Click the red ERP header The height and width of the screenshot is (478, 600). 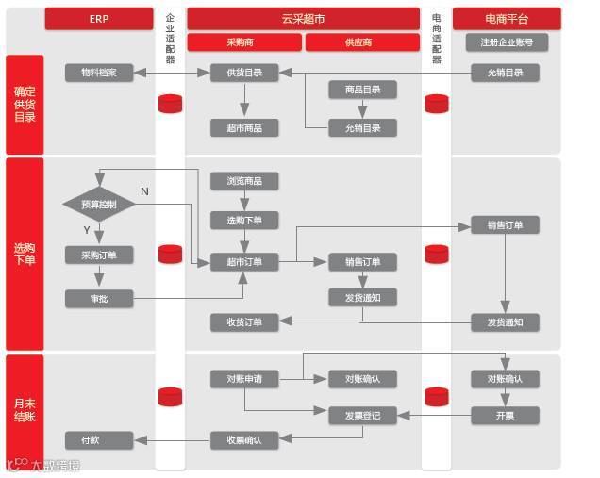click(x=99, y=19)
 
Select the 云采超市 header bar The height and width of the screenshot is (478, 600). click(x=303, y=19)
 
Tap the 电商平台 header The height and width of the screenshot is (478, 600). click(x=507, y=19)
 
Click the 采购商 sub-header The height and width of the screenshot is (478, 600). click(x=244, y=42)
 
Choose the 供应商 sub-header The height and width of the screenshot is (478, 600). click(x=362, y=42)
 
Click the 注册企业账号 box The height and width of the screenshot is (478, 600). click(x=507, y=42)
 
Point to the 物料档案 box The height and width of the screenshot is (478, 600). click(x=99, y=73)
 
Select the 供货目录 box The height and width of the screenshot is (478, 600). click(x=244, y=73)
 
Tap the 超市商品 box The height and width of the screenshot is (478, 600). click(x=244, y=127)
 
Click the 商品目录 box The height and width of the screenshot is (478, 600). click(x=362, y=90)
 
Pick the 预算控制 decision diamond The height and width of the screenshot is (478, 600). click(x=99, y=204)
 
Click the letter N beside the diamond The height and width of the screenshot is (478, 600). click(x=144, y=191)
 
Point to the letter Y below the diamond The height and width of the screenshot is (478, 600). click(x=87, y=230)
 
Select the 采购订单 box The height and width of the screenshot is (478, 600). click(x=99, y=255)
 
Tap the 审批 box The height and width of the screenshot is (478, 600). click(x=99, y=299)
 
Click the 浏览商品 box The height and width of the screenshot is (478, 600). click(x=244, y=180)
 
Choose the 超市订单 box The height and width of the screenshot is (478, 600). click(x=244, y=261)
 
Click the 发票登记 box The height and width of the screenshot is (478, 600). click(x=362, y=414)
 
